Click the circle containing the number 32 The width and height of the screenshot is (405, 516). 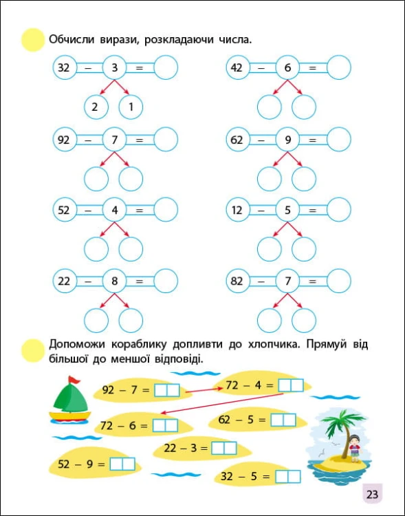coord(65,67)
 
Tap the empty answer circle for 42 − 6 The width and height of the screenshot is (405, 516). coord(339,67)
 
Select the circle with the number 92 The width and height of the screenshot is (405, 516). coord(65,140)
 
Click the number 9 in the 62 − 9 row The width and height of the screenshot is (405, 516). coord(288,140)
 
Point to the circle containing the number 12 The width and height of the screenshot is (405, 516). coord(238,210)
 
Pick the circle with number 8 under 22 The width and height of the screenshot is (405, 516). coord(115,281)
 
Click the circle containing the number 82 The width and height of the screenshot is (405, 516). coord(238,281)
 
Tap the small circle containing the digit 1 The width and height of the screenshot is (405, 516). coord(131,107)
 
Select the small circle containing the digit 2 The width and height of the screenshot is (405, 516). coord(96,107)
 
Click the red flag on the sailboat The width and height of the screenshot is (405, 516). coord(74,380)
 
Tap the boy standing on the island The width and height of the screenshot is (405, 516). coord(354,449)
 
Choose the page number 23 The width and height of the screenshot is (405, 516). coord(373,494)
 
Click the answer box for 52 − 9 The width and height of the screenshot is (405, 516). coord(122,464)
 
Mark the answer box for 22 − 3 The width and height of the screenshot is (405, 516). coord(224,448)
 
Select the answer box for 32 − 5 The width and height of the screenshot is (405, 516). coord(288,477)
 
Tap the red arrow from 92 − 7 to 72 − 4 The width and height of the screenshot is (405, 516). coord(204,390)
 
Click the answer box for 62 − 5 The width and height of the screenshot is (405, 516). coord(283,420)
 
